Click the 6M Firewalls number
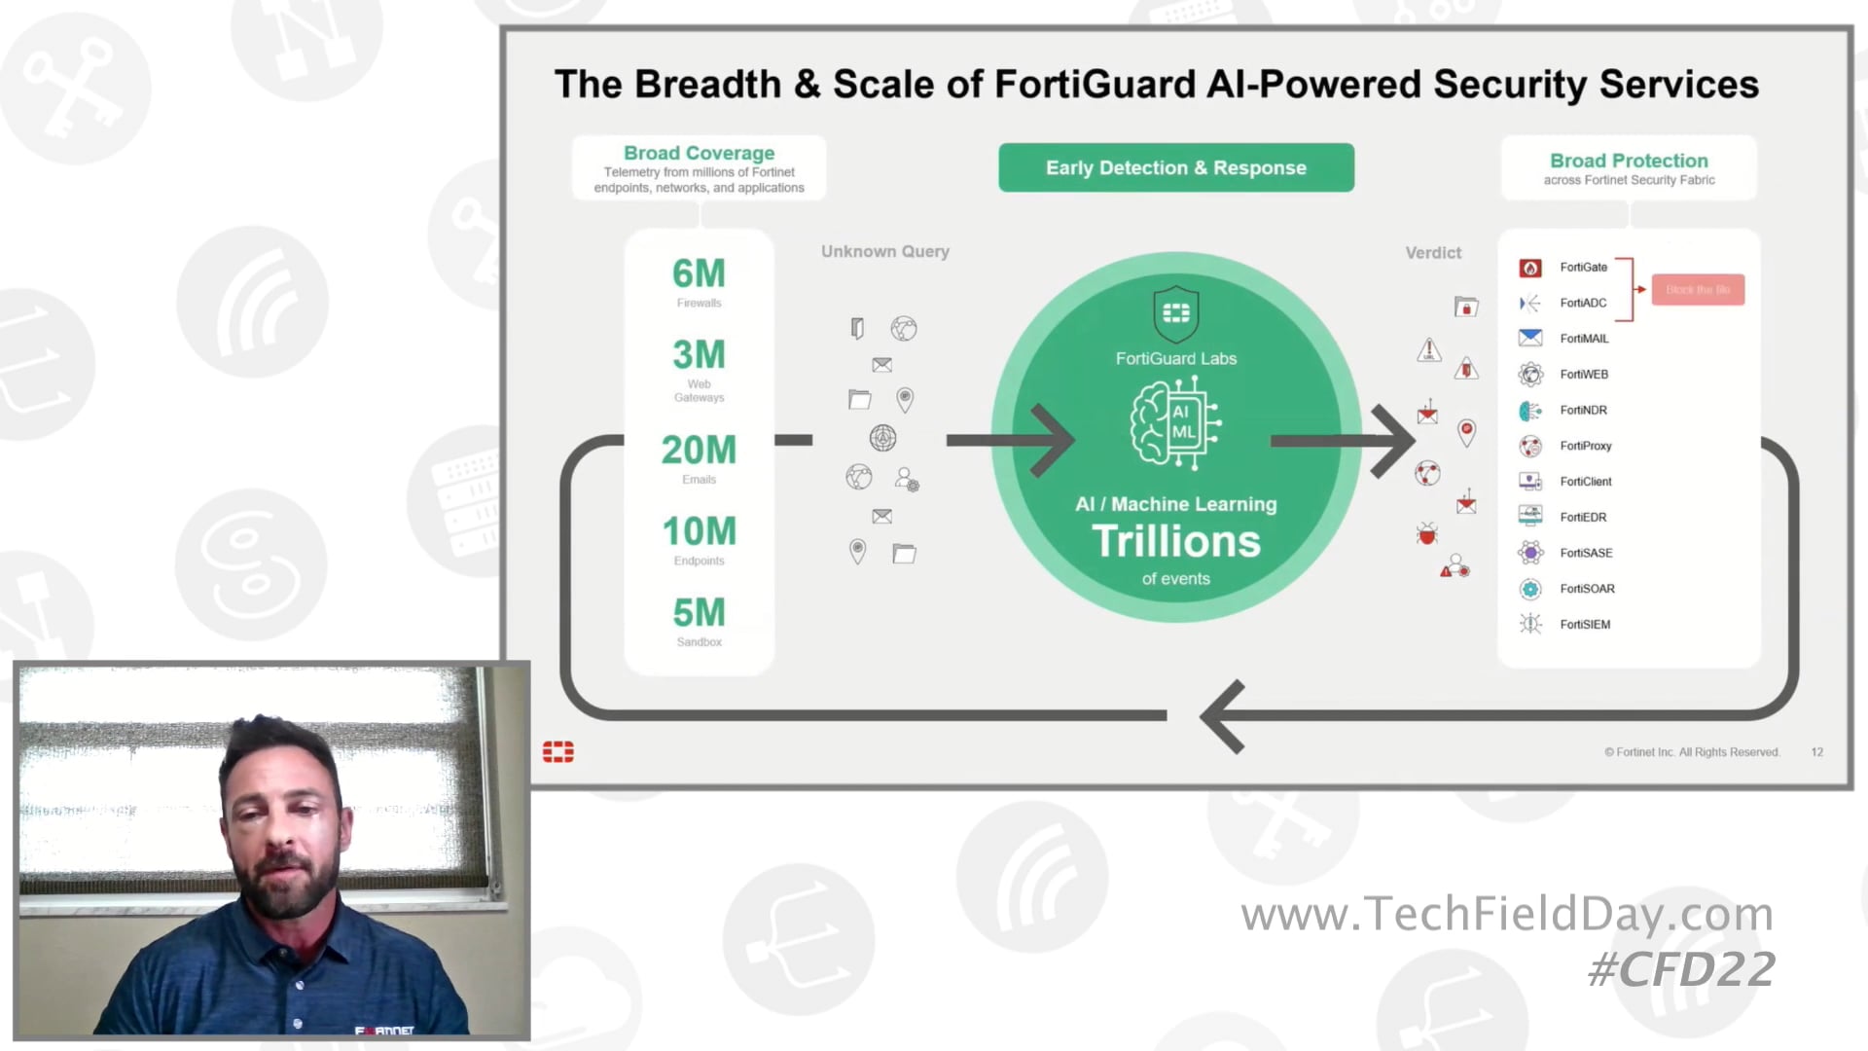point(699,273)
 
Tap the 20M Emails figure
point(699,450)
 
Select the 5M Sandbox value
point(699,613)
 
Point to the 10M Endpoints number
point(699,531)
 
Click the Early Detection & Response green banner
point(1175,167)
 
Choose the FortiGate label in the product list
point(1583,267)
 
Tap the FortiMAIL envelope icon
point(1529,338)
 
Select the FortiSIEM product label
point(1585,624)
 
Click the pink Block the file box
point(1697,289)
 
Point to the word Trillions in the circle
point(1175,541)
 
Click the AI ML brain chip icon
point(1175,423)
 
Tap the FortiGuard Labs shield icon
point(1175,312)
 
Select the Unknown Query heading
point(884,251)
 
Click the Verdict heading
point(1432,253)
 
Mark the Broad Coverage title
point(699,153)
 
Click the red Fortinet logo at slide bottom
point(557,751)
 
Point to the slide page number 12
point(1816,752)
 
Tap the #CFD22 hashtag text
point(1681,969)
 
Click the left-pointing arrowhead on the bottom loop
point(1221,716)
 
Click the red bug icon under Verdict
point(1426,533)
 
